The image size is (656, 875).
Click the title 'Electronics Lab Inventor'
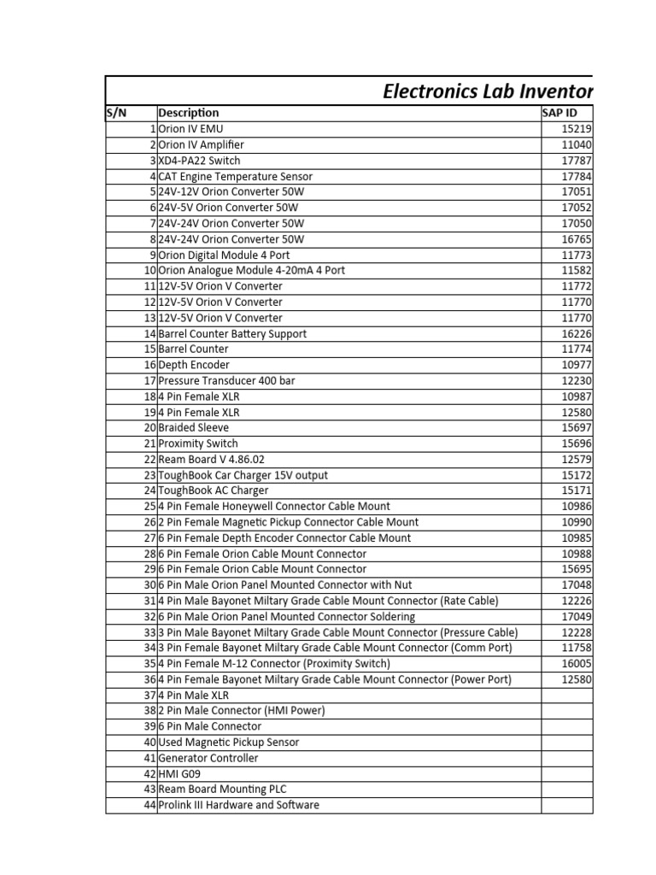pos(487,91)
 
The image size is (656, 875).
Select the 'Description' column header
pos(188,113)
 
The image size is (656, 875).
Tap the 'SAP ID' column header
pos(559,113)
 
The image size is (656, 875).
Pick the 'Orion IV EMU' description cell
pos(190,129)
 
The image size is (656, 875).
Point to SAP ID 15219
pos(577,129)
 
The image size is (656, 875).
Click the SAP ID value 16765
pos(577,239)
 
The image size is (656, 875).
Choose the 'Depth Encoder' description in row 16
pos(194,365)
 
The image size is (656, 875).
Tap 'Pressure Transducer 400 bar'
pos(226,381)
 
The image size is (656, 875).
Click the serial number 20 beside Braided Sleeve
pos(150,428)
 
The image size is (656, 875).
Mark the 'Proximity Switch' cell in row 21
pos(198,443)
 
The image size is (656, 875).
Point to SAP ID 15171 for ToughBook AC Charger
pos(577,490)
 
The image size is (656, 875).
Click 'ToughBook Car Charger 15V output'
pos(243,475)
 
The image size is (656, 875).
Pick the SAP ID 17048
pos(577,585)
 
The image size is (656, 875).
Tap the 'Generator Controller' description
pos(208,758)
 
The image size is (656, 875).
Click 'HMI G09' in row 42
pos(179,774)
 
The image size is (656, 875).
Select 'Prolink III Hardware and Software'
pos(239,805)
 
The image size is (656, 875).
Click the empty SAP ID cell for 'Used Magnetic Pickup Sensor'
pos(566,743)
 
